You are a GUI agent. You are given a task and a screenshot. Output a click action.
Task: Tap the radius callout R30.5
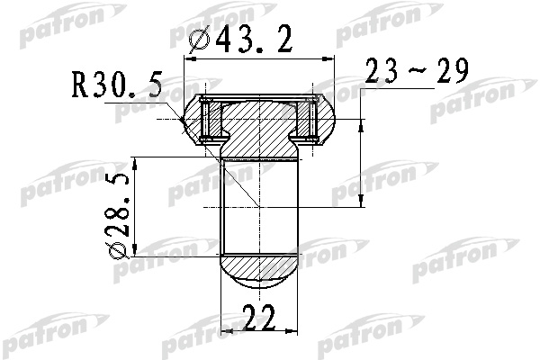click(x=121, y=87)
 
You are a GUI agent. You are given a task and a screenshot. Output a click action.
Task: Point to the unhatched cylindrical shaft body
click(x=259, y=207)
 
